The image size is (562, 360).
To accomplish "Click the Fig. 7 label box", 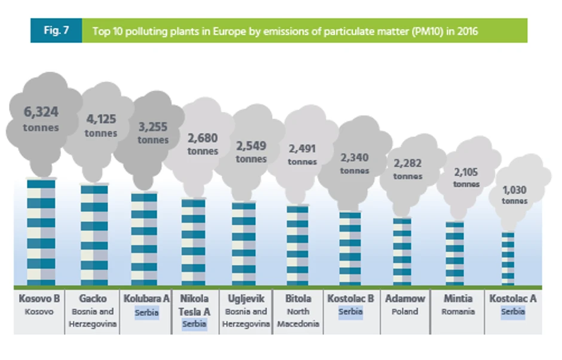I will [x=56, y=30].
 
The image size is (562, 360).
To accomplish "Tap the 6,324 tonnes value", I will [x=41, y=118].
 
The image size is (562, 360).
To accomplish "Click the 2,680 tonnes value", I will [x=203, y=144].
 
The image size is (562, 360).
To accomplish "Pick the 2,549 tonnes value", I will [x=251, y=151].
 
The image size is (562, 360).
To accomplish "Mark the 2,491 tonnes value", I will [x=302, y=154].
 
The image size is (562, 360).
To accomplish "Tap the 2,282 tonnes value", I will [x=408, y=169].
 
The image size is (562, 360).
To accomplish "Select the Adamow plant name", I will [x=405, y=298].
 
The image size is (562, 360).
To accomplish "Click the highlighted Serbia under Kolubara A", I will [x=146, y=312].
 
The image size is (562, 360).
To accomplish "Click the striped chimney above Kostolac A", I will [x=508, y=258].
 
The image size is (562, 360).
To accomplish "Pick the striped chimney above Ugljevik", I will [x=243, y=243].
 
